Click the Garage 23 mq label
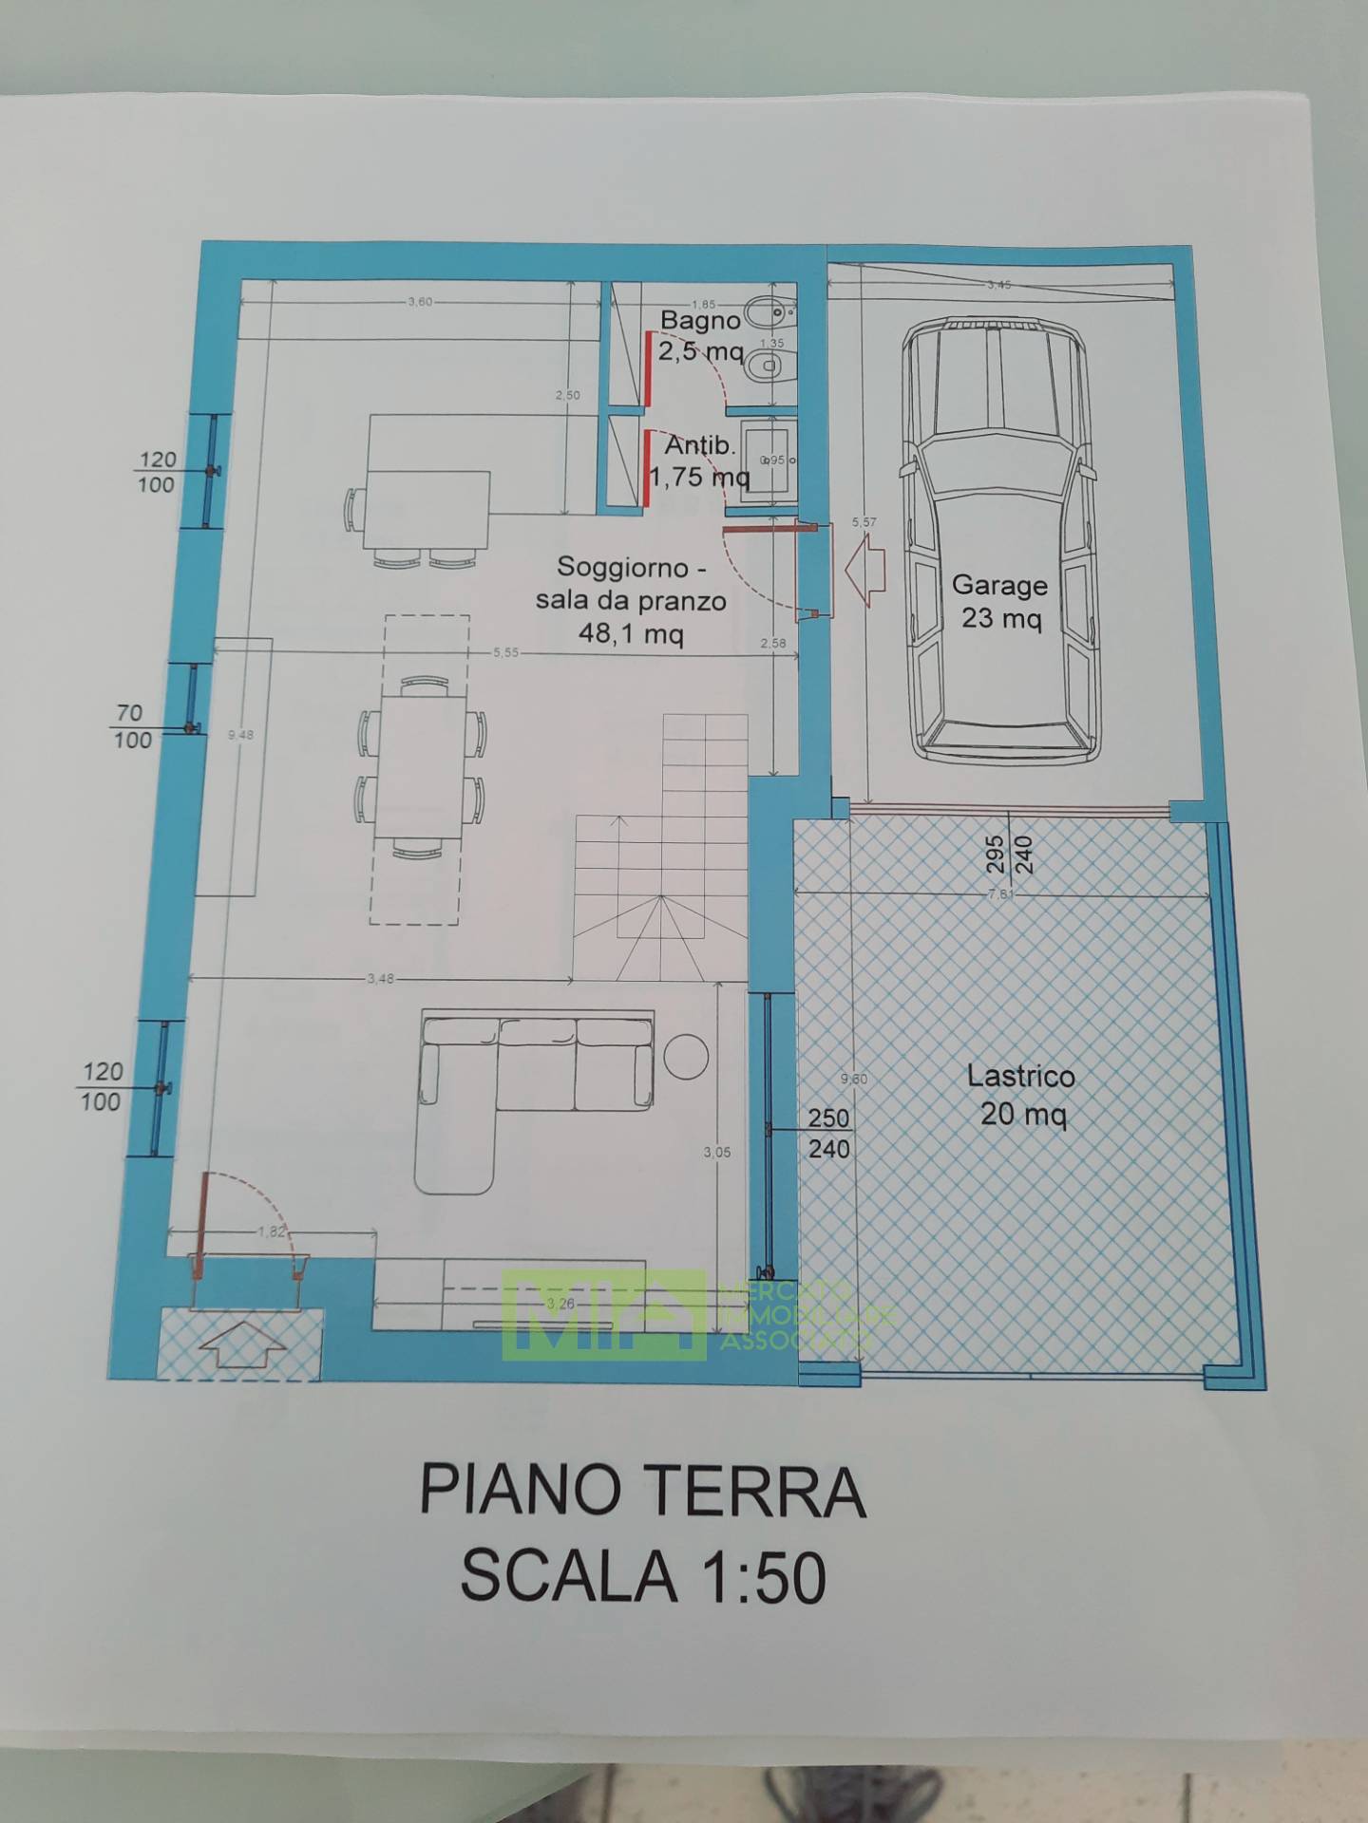(999, 602)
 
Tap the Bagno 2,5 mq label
(701, 336)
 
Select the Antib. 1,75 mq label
(700, 460)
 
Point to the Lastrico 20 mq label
(1021, 1094)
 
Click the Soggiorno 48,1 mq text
(631, 600)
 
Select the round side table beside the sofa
(686, 1056)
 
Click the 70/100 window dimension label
(131, 726)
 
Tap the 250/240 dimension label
(828, 1134)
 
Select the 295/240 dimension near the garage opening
(1010, 855)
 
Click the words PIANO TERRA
(642, 1492)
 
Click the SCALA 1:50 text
(642, 1577)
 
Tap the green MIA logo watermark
(604, 1315)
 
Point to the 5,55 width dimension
(505, 652)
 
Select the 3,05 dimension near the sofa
(717, 1153)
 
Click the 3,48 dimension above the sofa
(380, 979)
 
